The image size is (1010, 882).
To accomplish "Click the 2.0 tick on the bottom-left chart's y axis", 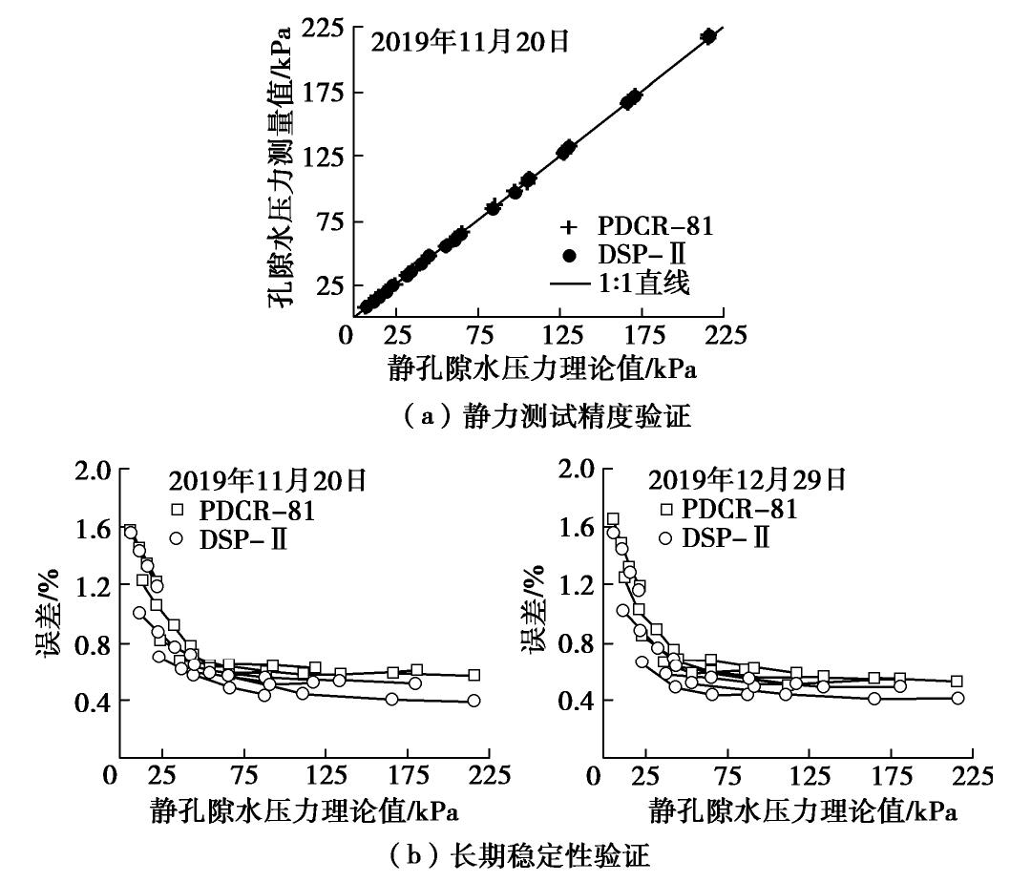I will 95,470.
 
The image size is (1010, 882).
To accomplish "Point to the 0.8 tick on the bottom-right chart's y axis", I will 593,644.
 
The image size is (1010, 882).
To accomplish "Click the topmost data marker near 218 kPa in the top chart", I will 708,35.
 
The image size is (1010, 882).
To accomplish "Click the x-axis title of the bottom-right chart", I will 804,812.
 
